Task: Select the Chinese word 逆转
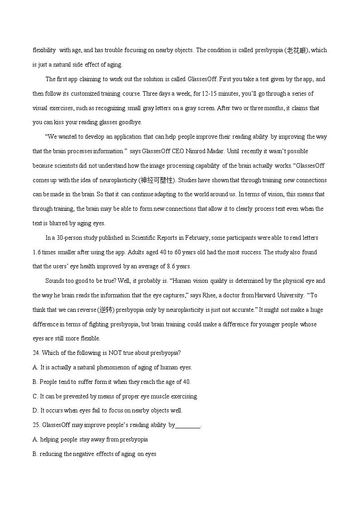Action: click(107, 310)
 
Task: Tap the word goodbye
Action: click(131, 122)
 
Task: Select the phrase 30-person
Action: click(70, 238)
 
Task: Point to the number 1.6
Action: click(37, 252)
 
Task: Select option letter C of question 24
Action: click(35, 397)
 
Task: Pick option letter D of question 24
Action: click(35, 411)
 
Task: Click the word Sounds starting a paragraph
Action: click(55, 281)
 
